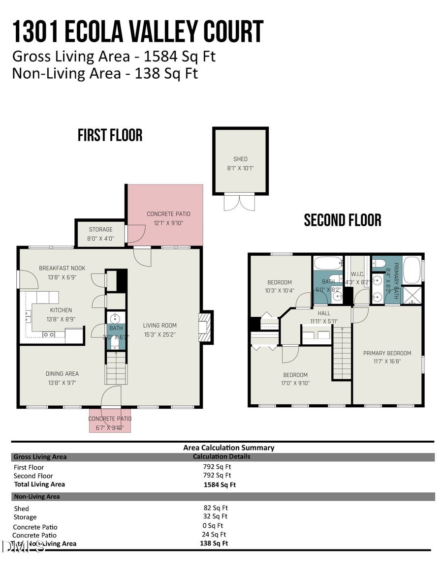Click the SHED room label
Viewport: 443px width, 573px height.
[241, 159]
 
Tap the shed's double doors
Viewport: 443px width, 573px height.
[240, 202]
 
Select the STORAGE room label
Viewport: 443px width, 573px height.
[100, 229]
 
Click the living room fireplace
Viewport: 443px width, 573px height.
[205, 327]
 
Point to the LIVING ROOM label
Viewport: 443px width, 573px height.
[159, 325]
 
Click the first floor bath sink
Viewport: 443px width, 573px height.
[117, 317]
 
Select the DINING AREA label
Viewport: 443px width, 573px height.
[62, 374]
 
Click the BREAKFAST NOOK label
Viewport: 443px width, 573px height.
[62, 268]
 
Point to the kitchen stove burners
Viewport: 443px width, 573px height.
[49, 334]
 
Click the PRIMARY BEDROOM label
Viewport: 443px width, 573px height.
[387, 353]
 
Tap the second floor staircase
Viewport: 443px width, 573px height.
[343, 354]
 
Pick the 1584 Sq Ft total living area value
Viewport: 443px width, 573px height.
[220, 484]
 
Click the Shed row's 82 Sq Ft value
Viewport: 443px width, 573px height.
[216, 508]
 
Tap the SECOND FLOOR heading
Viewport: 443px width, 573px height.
[343, 220]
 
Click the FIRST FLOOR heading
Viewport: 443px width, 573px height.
[110, 135]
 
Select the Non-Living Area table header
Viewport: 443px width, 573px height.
[37, 496]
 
